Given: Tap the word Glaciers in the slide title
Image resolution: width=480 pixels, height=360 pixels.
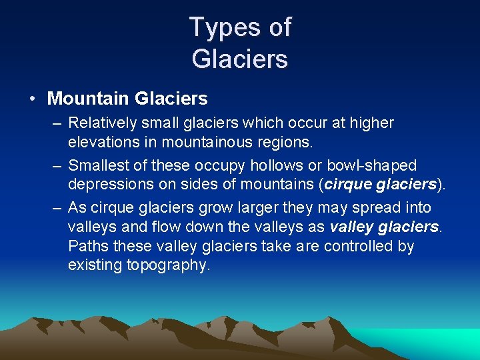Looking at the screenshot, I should [x=240, y=59].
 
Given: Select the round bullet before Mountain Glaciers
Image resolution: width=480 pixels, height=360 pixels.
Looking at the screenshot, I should [x=32, y=99].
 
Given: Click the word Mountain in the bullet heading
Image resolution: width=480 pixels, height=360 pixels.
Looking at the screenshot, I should [x=88, y=99].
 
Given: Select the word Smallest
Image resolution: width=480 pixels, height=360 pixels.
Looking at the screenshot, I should [x=99, y=165].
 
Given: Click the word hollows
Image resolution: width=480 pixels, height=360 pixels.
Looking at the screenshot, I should [x=274, y=165].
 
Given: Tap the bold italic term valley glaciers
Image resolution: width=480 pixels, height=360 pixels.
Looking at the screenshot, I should [x=385, y=227].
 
